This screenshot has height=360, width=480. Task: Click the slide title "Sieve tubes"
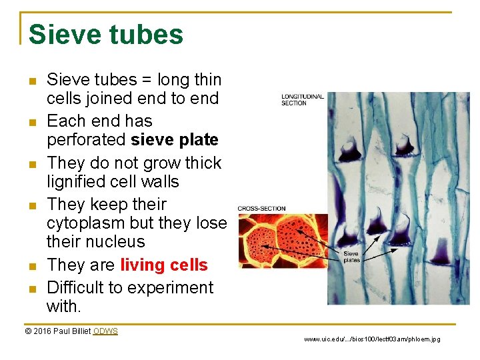[106, 35]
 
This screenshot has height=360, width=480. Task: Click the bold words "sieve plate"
[175, 140]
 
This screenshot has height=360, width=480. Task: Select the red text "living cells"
[164, 265]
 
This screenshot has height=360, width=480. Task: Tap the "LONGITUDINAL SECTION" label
[303, 100]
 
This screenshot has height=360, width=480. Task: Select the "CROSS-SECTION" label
[263, 208]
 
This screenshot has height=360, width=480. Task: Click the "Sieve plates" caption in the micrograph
[351, 257]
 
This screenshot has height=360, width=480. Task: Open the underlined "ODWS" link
[105, 331]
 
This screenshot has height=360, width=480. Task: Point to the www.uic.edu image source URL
[372, 339]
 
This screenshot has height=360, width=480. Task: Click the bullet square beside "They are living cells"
[32, 266]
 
